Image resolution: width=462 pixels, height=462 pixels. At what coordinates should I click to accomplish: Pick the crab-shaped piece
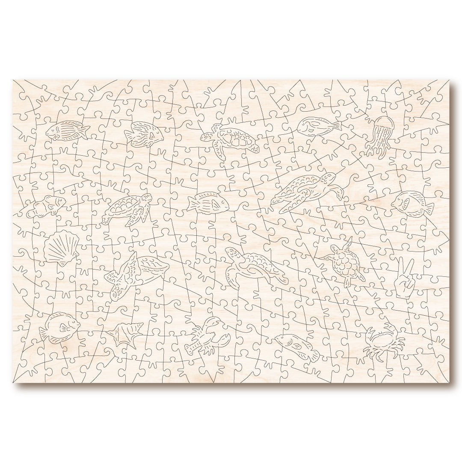coord(383,342)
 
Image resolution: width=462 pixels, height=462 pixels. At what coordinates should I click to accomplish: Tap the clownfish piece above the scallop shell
coord(47,206)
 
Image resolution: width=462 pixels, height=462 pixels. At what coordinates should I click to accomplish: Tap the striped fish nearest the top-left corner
coord(66,130)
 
